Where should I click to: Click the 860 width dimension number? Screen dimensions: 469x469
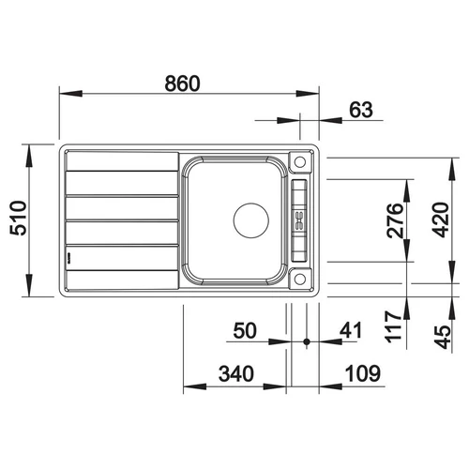coord(182,83)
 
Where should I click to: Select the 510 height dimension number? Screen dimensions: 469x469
coord(19,219)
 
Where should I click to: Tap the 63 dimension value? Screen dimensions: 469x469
coord(361,110)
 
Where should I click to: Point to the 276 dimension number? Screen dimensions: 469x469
coord(394,220)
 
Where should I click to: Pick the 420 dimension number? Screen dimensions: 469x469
coord(440,219)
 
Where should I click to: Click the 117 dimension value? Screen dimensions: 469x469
coord(393,325)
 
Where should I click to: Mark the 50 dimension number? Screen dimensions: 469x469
coord(245,330)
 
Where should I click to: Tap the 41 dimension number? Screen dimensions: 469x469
coord(351,330)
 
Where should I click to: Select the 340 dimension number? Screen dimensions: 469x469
coord(236,373)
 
